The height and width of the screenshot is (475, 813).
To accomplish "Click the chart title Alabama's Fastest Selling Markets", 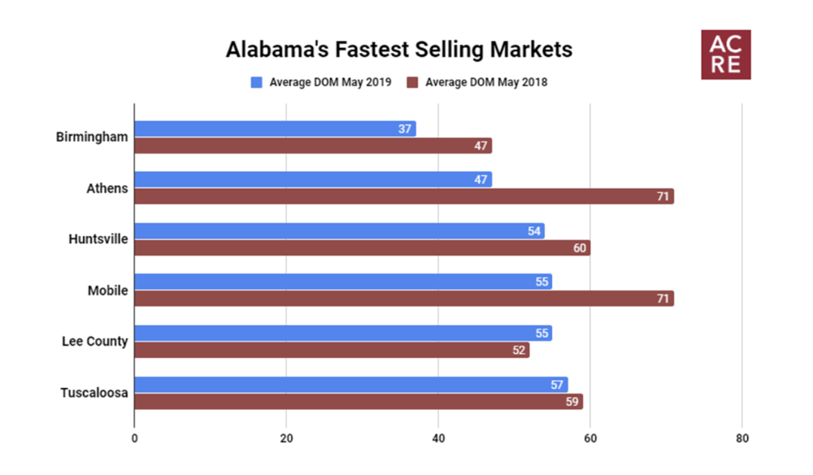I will click(398, 50).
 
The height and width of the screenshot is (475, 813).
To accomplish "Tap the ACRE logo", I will click(726, 55).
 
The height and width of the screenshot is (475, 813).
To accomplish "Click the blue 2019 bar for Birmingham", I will click(275, 129).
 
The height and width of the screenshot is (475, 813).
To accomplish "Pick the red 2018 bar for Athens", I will click(403, 196).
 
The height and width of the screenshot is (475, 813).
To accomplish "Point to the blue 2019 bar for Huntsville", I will click(339, 231).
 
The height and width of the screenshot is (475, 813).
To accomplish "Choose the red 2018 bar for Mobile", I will click(403, 299).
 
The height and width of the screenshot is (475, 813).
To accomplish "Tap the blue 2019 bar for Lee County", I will click(342, 333).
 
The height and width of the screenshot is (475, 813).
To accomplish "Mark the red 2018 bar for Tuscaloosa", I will click(358, 401).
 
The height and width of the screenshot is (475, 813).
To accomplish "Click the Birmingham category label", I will click(92, 137).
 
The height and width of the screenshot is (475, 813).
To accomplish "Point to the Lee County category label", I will click(95, 342).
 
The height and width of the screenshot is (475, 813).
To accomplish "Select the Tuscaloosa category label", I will click(94, 393).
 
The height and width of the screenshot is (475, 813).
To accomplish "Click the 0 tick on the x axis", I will click(134, 438).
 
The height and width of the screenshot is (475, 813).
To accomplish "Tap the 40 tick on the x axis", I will click(438, 438).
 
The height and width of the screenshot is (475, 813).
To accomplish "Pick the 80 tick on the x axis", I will click(741, 438).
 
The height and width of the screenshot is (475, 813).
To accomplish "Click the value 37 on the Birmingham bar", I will click(405, 129).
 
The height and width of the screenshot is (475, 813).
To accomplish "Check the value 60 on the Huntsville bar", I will click(580, 248).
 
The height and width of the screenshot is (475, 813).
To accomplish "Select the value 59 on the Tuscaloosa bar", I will click(572, 401).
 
